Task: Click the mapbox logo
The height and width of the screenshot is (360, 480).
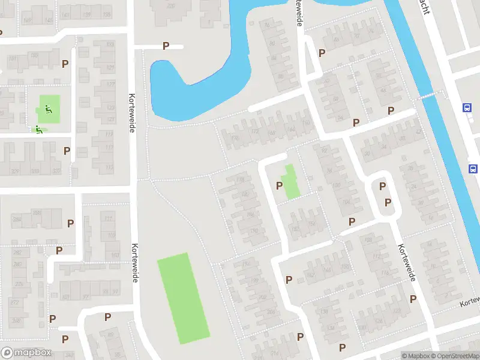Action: [27, 353]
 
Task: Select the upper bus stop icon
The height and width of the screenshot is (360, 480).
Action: [467, 108]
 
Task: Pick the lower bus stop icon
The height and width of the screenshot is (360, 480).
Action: [473, 169]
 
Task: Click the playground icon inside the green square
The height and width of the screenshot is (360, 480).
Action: [48, 109]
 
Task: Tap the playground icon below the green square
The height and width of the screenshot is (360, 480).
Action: [38, 128]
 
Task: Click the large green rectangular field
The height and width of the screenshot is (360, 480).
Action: [183, 298]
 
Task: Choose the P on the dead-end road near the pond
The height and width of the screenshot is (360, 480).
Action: [166, 46]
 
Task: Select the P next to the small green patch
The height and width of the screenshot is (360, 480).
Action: [279, 185]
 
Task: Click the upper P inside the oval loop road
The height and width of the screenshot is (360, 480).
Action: [382, 187]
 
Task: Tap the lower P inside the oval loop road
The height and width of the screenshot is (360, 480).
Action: [387, 202]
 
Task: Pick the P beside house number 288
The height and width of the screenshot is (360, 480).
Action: [71, 223]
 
